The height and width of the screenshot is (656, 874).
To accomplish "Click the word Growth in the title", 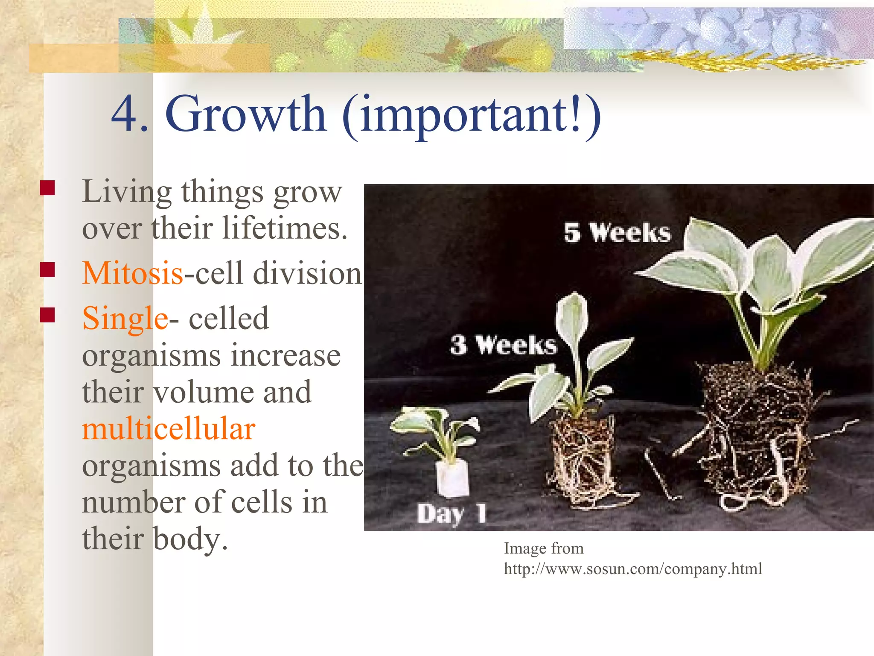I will click(x=246, y=114).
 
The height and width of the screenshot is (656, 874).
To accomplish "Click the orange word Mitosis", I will click(x=133, y=273).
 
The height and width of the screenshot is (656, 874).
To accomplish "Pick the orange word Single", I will click(x=125, y=319).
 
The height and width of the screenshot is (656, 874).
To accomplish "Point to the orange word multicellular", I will click(x=169, y=429).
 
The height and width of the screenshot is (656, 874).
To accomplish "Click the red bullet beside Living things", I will click(x=47, y=188).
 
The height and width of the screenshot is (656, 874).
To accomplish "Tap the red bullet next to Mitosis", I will click(x=47, y=270).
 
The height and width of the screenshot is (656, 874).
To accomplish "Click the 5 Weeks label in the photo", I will click(x=617, y=233).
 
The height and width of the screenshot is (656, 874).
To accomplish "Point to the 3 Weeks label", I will click(x=504, y=345).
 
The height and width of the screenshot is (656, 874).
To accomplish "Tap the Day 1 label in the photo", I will click(x=451, y=513).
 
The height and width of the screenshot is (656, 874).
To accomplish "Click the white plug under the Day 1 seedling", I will click(x=453, y=478).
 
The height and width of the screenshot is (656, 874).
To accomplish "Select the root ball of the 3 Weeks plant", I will click(x=581, y=457).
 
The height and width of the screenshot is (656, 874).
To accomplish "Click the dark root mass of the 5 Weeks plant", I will click(x=757, y=427).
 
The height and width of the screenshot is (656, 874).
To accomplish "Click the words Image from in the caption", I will click(x=543, y=548).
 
